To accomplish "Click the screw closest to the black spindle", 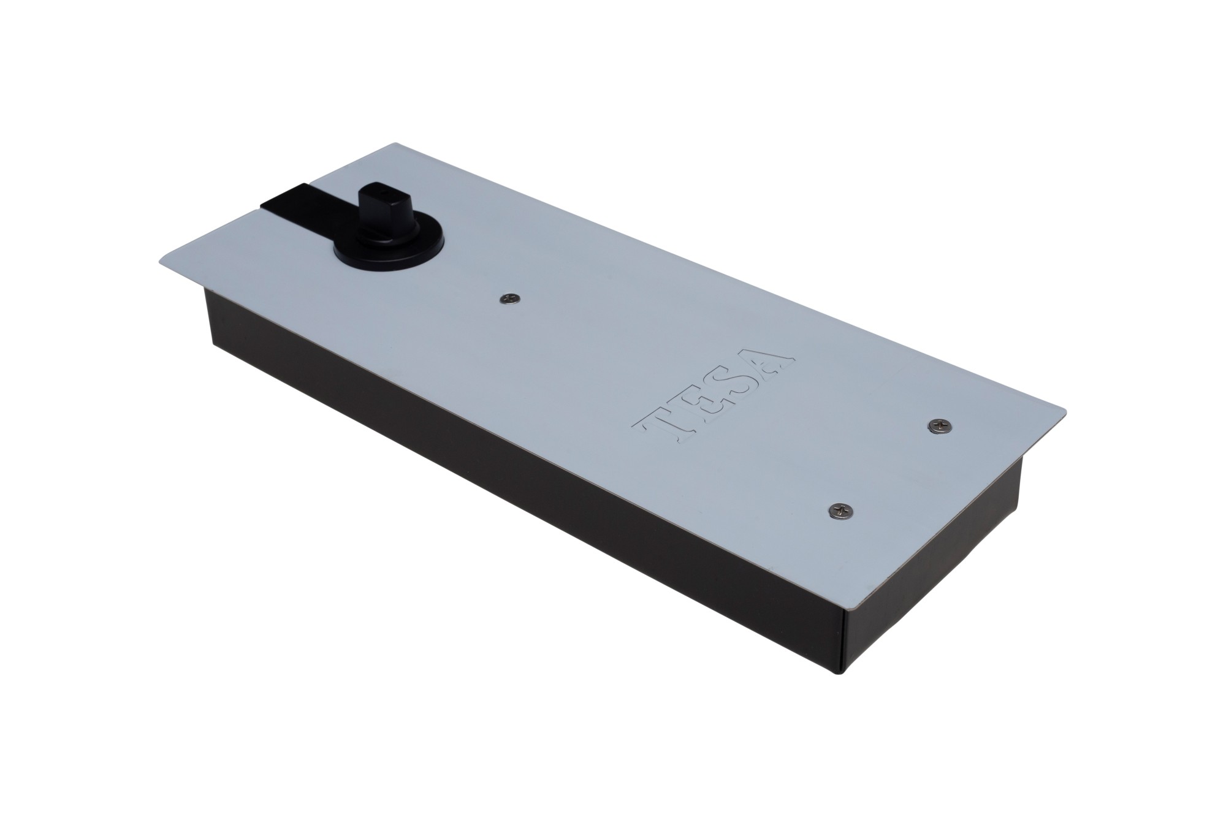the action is click(x=509, y=297).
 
